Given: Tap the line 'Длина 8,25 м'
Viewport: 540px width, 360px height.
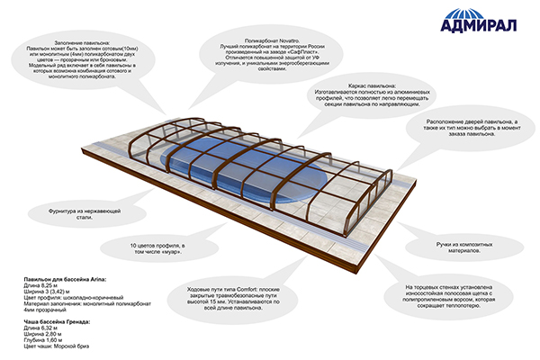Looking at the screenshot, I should tap(40, 288).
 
